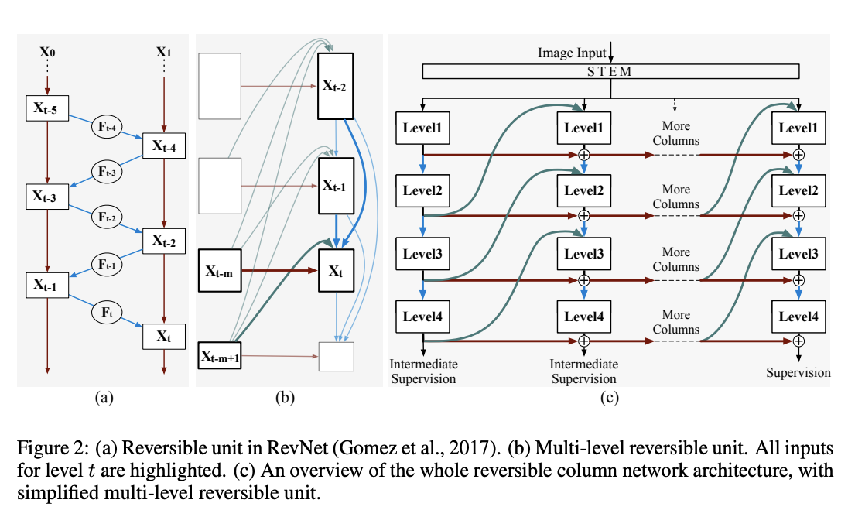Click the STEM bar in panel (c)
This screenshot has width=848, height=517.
point(610,71)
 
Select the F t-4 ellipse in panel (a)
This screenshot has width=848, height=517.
point(107,127)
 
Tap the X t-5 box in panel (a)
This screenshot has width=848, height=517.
point(48,108)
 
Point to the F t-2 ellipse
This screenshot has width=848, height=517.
point(107,217)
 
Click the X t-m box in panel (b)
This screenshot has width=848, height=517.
point(220,270)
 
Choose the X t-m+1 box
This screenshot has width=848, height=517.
point(220,355)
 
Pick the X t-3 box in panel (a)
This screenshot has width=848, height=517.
point(48,197)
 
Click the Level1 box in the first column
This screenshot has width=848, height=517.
point(422,128)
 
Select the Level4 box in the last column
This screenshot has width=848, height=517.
point(798,317)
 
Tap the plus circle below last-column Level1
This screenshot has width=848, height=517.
point(798,156)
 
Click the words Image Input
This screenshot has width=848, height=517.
point(572,53)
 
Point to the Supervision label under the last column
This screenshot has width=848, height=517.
point(798,372)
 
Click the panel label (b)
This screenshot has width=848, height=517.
point(285,398)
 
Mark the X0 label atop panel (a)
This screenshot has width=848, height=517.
point(48,52)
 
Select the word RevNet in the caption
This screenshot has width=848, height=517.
point(297,448)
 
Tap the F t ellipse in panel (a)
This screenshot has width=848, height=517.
point(107,312)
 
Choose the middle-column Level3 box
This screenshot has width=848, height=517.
point(584,254)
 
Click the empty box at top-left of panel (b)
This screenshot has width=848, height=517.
point(220,86)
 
